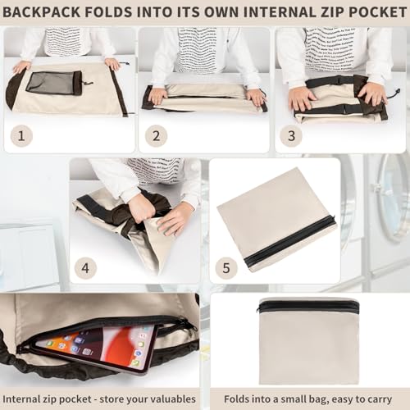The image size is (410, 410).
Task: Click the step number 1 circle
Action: pyautogui.click(x=21, y=136)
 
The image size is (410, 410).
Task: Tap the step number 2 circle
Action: pyautogui.click(x=156, y=136)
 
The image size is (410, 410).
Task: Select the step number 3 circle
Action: pyautogui.click(x=291, y=136)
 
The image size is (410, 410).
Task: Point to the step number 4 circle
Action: pyautogui.click(x=85, y=268)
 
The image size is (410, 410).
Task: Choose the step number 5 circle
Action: pyautogui.click(x=226, y=268)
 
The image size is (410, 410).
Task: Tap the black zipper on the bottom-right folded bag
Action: pyautogui.click(x=309, y=307)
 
